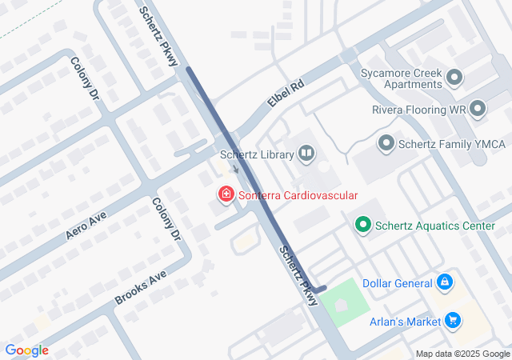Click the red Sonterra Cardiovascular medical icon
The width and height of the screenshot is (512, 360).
point(226,194)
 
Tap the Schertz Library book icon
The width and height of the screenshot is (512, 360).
point(306,154)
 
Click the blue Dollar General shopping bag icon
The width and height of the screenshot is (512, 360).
point(445,282)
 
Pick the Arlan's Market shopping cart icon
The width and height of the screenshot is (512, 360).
point(454,321)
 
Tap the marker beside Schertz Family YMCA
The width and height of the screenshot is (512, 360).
point(386,143)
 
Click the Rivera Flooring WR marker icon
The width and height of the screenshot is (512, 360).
point(478,108)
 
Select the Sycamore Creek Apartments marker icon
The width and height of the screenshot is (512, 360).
point(455,78)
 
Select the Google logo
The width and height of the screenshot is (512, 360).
point(26,350)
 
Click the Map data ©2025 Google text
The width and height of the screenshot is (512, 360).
point(462,354)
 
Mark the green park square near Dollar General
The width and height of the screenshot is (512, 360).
point(343,303)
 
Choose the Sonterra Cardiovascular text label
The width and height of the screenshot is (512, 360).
point(297,194)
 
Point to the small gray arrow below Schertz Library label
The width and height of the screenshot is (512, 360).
point(235,169)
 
